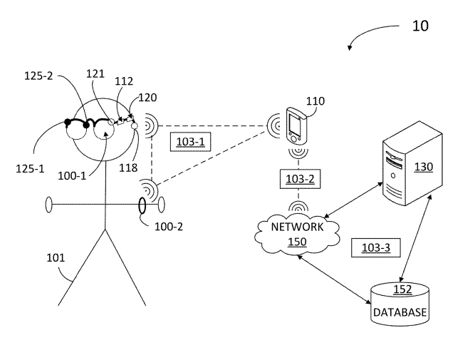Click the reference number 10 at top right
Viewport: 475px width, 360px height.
(x=420, y=26)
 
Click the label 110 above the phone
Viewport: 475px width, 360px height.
(x=315, y=101)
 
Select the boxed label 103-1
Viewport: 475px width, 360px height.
(x=190, y=142)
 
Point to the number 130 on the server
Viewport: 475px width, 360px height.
(x=423, y=166)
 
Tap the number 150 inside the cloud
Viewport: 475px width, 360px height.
(x=296, y=242)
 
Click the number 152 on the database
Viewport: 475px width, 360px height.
(x=402, y=289)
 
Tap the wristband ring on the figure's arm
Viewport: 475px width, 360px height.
(x=142, y=205)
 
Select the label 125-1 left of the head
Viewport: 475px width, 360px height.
(x=30, y=169)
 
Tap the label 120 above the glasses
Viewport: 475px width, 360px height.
(x=148, y=98)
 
